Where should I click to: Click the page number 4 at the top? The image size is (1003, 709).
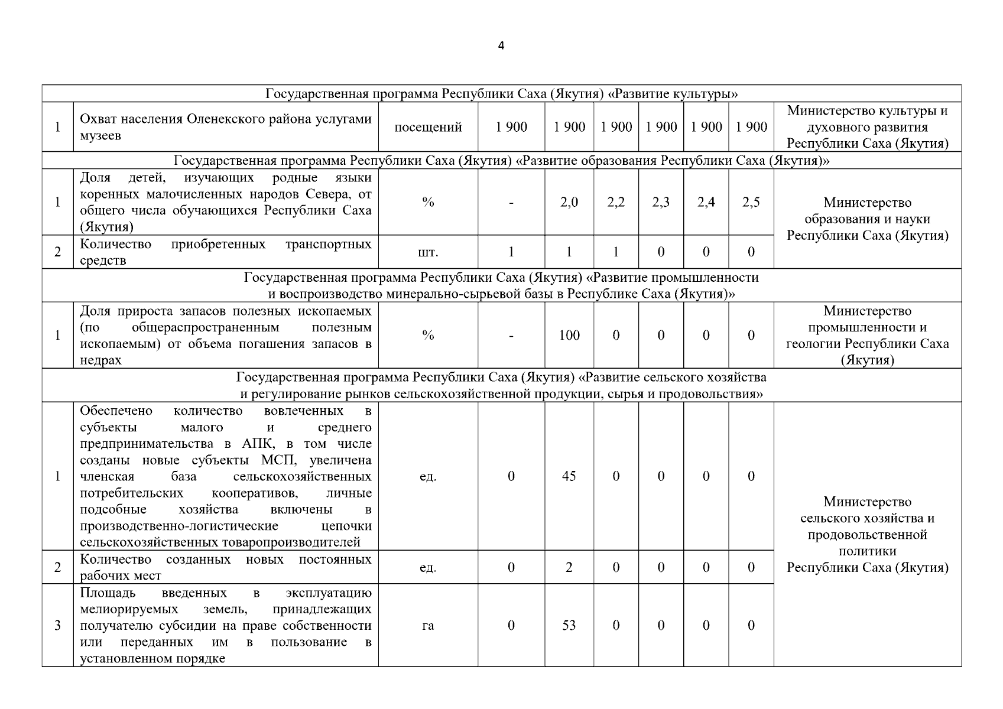point(501,46)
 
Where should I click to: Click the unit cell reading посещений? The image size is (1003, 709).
point(428,127)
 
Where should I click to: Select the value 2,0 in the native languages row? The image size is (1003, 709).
point(569,202)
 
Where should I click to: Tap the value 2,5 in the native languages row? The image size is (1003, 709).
point(751,202)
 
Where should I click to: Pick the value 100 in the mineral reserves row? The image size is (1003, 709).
point(569,335)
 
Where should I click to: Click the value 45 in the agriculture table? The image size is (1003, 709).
point(569,476)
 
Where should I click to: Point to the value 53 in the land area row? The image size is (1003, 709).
point(569,625)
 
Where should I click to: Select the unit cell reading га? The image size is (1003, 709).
point(428,625)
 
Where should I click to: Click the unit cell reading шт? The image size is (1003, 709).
point(428,252)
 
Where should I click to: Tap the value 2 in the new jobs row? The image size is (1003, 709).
point(569,567)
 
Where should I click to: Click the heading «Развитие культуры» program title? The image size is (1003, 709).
point(501,94)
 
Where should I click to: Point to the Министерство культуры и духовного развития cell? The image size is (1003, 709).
point(867,127)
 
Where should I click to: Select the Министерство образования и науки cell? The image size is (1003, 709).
point(867,219)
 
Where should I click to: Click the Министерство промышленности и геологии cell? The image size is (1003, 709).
point(867,335)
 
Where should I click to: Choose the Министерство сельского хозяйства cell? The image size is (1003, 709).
point(867,535)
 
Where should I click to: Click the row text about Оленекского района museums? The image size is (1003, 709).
point(225,127)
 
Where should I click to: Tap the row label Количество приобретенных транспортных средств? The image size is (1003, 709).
point(225,252)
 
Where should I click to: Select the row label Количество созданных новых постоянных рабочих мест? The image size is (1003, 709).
point(225,567)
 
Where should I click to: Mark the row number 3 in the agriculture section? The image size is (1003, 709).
point(57,625)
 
